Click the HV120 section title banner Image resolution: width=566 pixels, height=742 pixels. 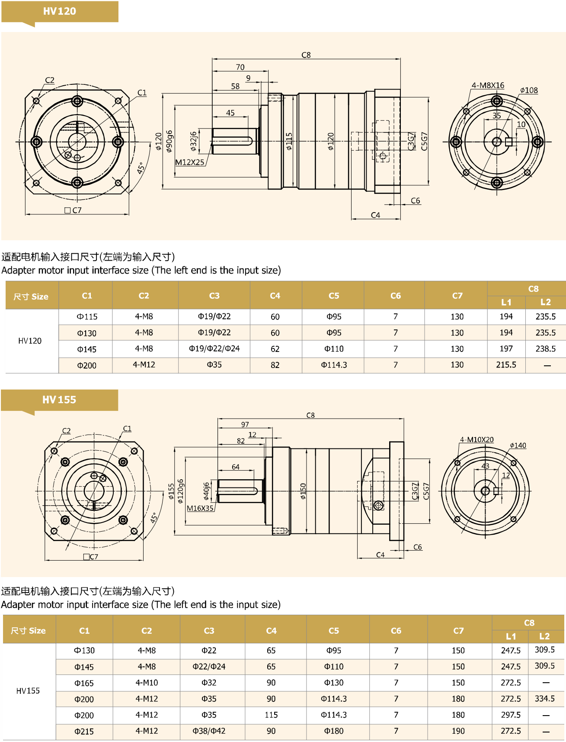pos(60,11)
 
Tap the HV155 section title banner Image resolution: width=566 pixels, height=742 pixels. pos(59,400)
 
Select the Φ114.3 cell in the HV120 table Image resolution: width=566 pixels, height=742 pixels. pos(334,365)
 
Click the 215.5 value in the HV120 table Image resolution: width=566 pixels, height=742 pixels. pos(506,365)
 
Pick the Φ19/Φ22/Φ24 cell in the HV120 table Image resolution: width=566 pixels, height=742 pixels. pos(214,348)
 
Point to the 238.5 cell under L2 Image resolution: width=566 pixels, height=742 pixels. pos(545,348)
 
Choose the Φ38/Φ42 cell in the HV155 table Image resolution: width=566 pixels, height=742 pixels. pos(209,731)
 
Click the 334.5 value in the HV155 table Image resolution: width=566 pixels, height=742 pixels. pos(544,698)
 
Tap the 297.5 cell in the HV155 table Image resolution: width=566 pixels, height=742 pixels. pos(511,715)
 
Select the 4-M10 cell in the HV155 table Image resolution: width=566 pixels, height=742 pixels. pos(147,683)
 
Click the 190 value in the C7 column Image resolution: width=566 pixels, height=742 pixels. pos(458,731)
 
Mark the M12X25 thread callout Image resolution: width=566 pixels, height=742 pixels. pos(190,162)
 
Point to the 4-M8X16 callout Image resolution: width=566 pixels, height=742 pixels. pos(488,85)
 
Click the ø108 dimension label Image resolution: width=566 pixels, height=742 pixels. pos(529,90)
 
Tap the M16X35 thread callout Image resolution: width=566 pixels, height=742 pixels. pos(200,508)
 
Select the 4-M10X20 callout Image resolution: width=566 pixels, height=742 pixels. pos(476,439)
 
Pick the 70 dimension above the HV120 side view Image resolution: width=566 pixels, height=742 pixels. pos(240,67)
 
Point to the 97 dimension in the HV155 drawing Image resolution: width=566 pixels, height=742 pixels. pos(245,424)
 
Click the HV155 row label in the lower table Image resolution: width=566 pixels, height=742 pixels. pos(28,691)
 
